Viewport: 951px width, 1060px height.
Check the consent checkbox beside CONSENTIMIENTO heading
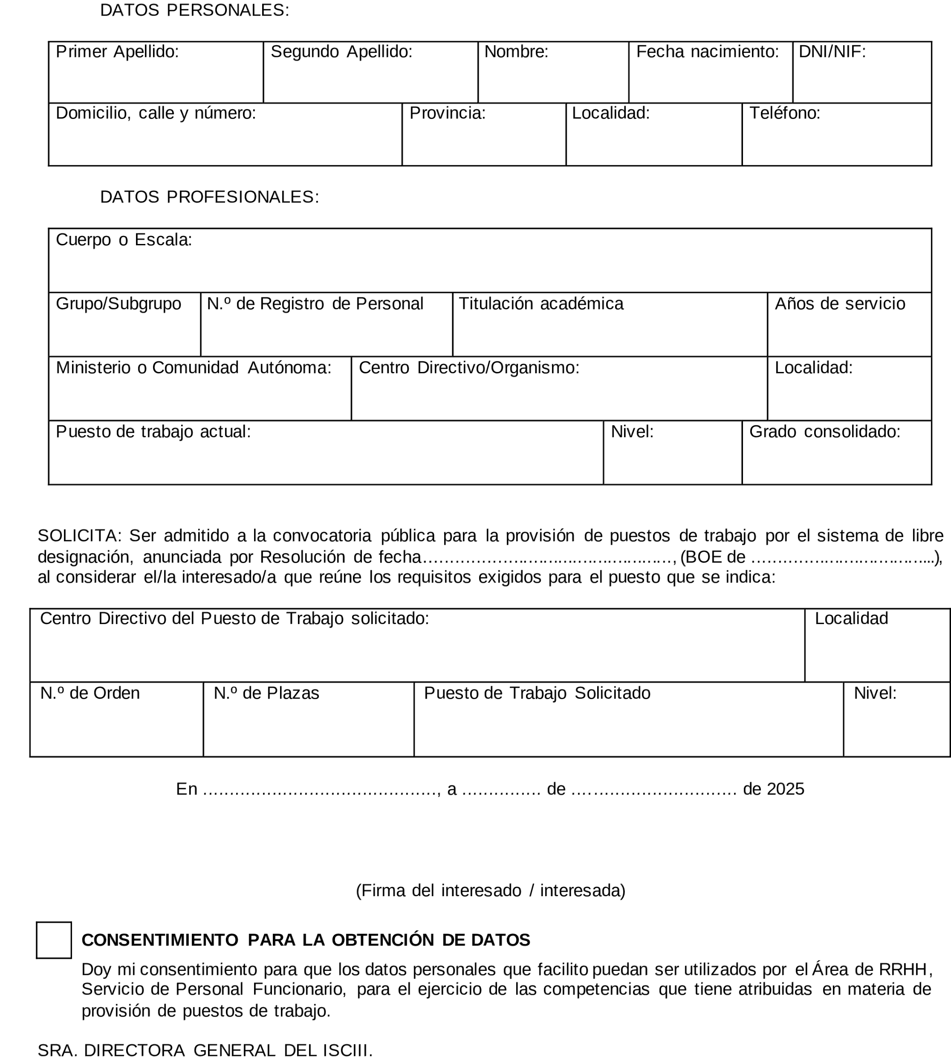point(54,940)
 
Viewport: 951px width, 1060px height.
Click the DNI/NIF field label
point(832,52)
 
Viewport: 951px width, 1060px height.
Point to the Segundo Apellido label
point(341,52)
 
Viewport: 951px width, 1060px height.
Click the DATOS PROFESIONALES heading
point(209,197)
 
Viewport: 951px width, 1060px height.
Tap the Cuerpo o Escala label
point(124,240)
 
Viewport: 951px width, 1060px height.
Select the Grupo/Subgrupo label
point(119,304)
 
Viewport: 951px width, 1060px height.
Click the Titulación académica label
point(541,304)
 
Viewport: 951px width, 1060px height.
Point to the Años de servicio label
point(840,304)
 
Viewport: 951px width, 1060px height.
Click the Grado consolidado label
point(824,432)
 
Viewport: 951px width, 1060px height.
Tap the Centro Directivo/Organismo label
point(469,368)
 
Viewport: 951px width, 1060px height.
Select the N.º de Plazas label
point(266,693)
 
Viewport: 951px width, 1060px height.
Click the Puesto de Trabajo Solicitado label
point(537,693)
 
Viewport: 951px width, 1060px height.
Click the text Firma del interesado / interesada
point(490,890)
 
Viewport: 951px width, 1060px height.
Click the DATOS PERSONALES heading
point(195,10)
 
